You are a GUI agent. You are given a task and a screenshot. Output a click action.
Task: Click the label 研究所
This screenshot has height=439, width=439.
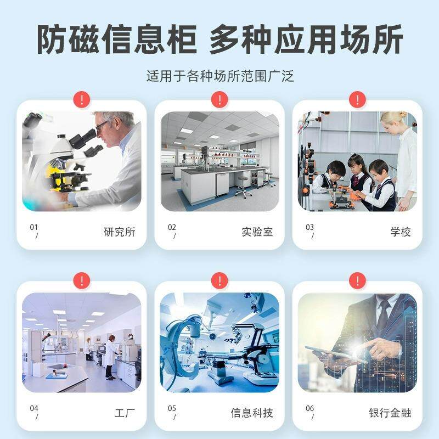pos(119,232)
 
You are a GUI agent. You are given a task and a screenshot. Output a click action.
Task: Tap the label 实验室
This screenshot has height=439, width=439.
pos(257,232)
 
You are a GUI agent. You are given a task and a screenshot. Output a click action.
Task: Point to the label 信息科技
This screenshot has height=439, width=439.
pos(251,413)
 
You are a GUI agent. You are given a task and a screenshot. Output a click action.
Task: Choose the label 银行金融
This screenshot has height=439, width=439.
pos(390,413)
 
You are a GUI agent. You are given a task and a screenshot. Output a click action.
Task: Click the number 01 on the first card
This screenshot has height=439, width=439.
pos(34,227)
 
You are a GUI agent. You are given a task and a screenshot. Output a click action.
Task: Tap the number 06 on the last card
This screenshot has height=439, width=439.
pos(310,408)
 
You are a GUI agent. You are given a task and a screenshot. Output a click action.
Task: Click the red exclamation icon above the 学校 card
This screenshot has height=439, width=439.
pos(357,100)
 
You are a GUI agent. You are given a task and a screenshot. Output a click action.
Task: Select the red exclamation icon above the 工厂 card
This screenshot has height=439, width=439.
pos(81,281)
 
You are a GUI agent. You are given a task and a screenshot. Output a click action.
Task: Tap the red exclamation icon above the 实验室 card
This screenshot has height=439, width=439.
pos(219,100)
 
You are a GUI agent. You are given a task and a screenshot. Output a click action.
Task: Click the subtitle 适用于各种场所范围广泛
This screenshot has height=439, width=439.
pos(219,76)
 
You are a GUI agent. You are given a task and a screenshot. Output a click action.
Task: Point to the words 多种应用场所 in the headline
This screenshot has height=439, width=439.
pos(306,40)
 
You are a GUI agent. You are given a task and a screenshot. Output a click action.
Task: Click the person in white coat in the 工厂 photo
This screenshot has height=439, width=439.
pos(111,355)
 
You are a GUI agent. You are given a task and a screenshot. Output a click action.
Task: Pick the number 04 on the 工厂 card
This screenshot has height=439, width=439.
pos(34,408)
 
